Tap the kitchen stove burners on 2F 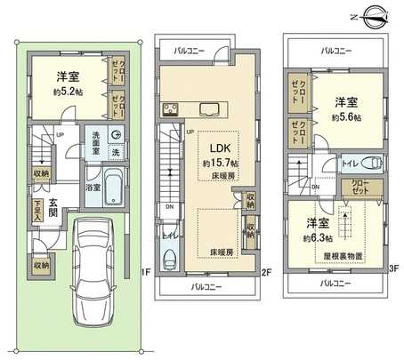coord(168,110)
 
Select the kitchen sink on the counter coord(209,110)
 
